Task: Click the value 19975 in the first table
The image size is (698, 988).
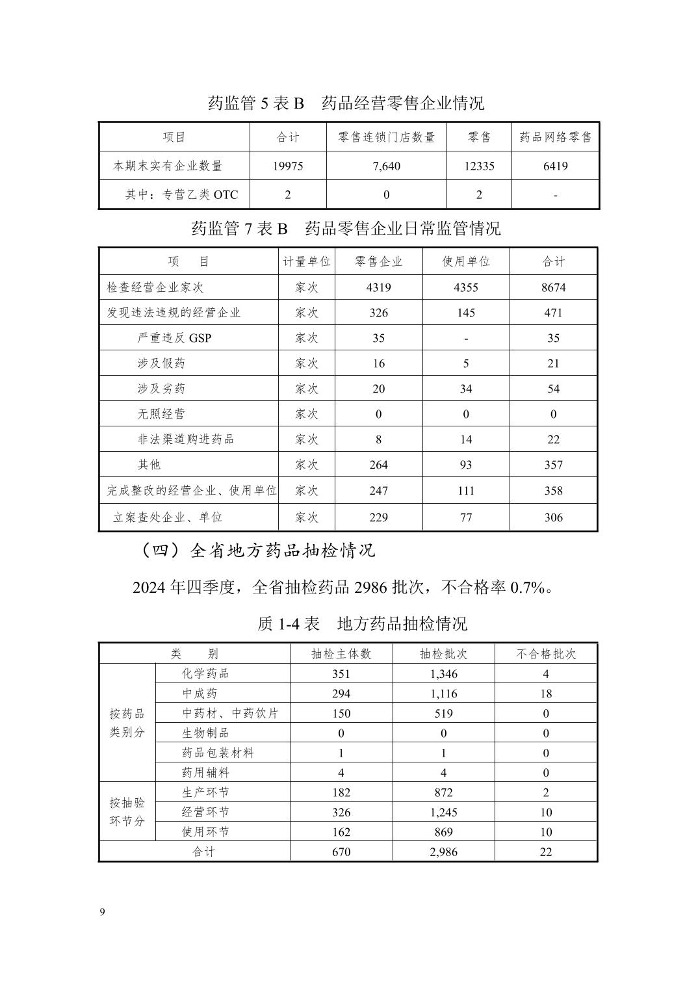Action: (x=288, y=166)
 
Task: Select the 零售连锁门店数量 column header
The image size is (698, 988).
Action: (x=387, y=137)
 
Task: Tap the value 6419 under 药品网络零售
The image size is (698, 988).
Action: (x=555, y=166)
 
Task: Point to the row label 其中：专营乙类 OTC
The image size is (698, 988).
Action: (x=181, y=194)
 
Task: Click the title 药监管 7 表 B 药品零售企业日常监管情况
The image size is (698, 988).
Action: (x=346, y=229)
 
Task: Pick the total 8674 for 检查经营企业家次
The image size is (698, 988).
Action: (x=553, y=287)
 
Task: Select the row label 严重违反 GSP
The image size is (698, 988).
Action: (x=174, y=338)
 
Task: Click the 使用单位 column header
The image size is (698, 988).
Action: (x=466, y=261)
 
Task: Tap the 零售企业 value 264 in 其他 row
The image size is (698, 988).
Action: (x=378, y=465)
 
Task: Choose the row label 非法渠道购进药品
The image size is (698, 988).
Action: (x=185, y=439)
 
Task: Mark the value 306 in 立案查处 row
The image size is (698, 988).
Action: (x=553, y=517)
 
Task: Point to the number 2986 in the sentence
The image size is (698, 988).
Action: (x=371, y=588)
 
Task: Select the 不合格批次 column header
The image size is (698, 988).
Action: (x=546, y=654)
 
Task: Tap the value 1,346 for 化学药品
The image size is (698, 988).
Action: (x=443, y=674)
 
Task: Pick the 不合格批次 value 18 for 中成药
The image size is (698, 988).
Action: (x=546, y=694)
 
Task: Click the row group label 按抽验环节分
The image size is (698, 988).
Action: (x=127, y=812)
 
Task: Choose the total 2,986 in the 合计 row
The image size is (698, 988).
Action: (x=443, y=851)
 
